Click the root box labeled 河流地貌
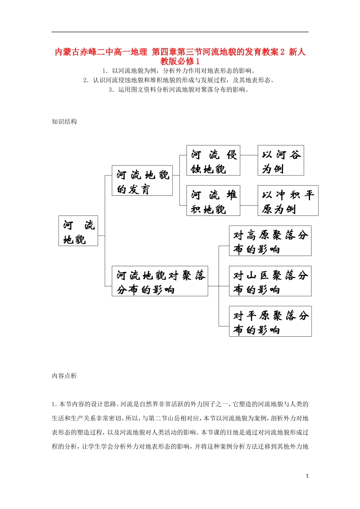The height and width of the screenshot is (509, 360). [78, 231]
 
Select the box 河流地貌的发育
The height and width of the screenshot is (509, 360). [142, 181]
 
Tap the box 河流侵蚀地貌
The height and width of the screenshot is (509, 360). [213, 161]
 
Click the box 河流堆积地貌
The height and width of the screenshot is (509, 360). [213, 201]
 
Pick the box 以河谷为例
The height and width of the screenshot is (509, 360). [280, 161]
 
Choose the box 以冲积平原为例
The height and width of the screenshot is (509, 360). [288, 201]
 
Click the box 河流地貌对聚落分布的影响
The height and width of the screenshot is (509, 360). [160, 281]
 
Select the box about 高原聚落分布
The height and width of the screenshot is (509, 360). [270, 241]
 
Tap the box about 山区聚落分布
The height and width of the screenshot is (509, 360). [270, 281]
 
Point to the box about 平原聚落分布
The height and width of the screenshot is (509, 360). [270, 321]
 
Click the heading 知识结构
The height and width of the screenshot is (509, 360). [64, 122]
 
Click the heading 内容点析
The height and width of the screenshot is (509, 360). [64, 376]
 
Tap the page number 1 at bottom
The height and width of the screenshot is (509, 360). [307, 476]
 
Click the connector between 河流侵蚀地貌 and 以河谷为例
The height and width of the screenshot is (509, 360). [249, 155]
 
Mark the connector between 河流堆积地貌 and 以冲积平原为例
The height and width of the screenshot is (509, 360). [249, 206]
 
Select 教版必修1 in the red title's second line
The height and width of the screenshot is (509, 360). [180, 61]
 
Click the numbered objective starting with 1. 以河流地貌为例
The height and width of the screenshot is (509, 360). [180, 71]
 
